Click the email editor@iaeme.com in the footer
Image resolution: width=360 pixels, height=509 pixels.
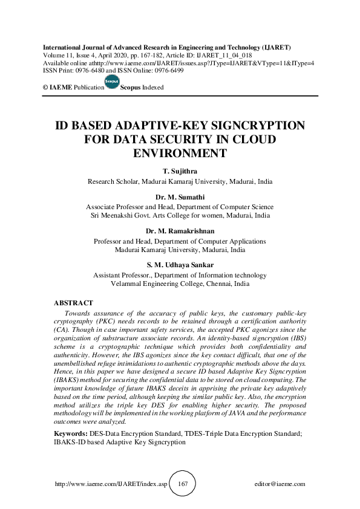tap(280, 484)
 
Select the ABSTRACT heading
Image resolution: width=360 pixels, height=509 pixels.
tap(74, 302)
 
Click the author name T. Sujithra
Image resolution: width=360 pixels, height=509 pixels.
tap(180, 172)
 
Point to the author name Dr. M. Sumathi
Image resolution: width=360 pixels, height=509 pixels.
tap(180, 197)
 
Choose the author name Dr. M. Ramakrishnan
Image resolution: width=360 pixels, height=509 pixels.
tap(180, 232)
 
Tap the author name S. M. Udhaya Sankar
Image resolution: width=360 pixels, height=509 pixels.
tap(180, 265)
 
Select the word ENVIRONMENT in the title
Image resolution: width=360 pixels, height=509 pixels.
tap(180, 153)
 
